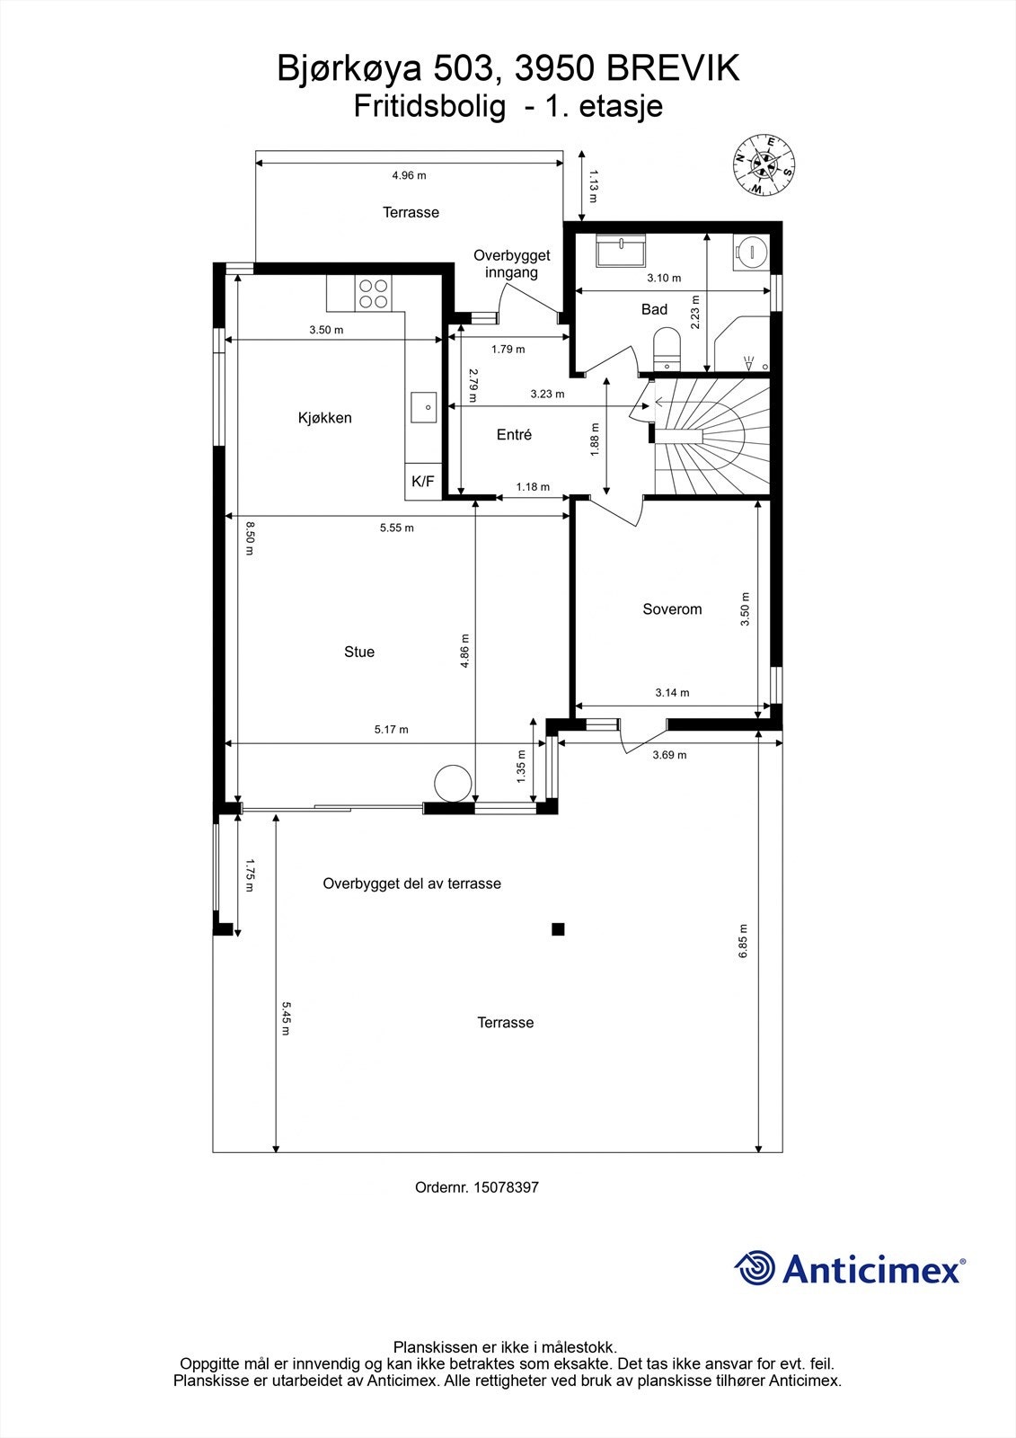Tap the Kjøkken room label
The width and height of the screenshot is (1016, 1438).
(x=325, y=418)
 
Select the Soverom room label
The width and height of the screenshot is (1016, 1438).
(x=672, y=609)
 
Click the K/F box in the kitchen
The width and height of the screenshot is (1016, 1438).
(x=422, y=482)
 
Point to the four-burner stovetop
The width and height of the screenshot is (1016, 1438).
(x=374, y=293)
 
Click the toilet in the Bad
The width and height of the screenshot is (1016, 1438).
(x=666, y=348)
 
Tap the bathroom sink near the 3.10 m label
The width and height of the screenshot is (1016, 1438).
(x=621, y=251)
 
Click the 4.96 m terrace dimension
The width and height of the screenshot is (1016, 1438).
(x=409, y=176)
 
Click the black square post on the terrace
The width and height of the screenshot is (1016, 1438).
(x=558, y=929)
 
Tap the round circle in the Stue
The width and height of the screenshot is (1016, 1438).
(x=454, y=783)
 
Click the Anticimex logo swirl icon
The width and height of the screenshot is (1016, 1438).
(x=755, y=1268)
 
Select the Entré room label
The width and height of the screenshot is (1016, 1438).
(x=514, y=435)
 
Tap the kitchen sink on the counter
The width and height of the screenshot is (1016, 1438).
(x=421, y=407)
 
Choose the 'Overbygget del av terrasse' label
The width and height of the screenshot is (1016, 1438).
(x=411, y=883)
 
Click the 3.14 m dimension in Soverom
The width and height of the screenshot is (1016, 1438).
(x=672, y=693)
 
